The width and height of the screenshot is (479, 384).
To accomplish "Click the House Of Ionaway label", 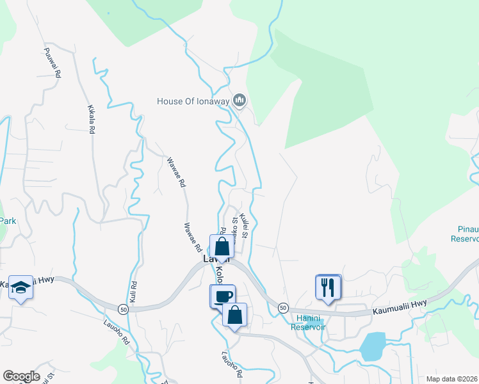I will click(194, 100).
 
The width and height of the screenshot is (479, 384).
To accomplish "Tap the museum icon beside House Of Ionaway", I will click(240, 100).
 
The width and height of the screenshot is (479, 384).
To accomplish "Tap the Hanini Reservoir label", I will click(309, 323).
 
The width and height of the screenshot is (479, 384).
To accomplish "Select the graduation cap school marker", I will click(20, 288).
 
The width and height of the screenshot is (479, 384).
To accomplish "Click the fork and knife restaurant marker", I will click(329, 287).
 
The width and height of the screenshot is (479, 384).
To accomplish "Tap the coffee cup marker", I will click(222, 296).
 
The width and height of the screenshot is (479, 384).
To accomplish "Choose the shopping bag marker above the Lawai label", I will click(221, 247).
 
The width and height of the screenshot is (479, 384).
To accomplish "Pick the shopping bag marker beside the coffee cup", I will click(234, 315).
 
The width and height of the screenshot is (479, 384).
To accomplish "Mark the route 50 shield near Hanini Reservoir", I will click(282, 308).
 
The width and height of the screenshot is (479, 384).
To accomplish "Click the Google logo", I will click(21, 376).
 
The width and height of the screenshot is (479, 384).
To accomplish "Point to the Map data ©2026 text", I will click(451, 378).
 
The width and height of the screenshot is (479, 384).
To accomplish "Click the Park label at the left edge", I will click(8, 221).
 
